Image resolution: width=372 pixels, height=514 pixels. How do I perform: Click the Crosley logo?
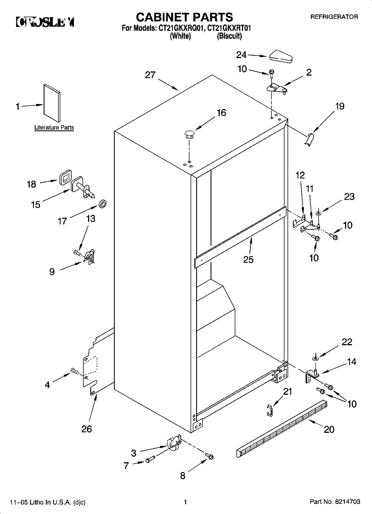click(x=45, y=22)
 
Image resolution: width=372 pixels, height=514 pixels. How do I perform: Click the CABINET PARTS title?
click(x=184, y=17)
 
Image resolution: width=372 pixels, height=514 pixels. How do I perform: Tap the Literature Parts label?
click(x=54, y=128)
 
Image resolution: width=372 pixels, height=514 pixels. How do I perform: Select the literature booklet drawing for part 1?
click(x=51, y=103)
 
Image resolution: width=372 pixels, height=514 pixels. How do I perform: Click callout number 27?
click(x=150, y=75)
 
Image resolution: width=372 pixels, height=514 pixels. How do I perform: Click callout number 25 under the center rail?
click(x=248, y=259)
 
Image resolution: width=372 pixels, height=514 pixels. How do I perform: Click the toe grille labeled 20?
click(x=281, y=425)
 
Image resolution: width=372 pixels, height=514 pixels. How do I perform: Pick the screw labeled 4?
click(x=74, y=370)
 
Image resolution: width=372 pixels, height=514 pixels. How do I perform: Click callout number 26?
click(x=86, y=429)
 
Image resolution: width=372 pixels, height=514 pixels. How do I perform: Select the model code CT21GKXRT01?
click(x=229, y=28)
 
